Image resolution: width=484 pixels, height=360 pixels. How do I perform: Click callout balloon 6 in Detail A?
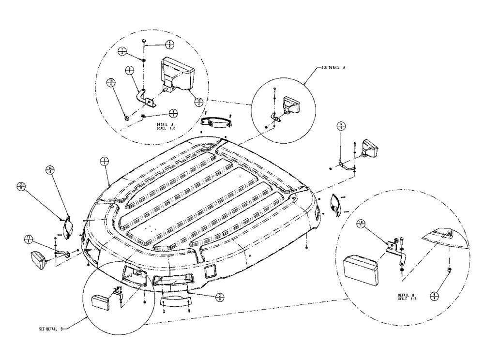pyautogui.click(x=169, y=44)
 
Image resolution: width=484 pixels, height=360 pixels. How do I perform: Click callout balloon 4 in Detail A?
pyautogui.click(x=173, y=112)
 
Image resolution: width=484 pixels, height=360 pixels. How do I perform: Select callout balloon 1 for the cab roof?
pyautogui.click(x=103, y=162)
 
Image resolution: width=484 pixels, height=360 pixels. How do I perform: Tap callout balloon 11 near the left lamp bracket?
pyautogui.click(x=29, y=238)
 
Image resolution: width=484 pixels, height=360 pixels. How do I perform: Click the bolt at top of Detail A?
pyautogui.click(x=144, y=43)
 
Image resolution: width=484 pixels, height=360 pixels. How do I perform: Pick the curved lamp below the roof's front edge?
pyautogui.click(x=175, y=304)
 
